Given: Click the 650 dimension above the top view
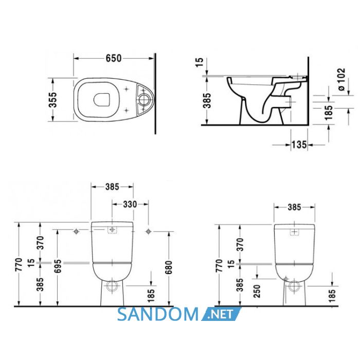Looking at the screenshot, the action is pos(114,58).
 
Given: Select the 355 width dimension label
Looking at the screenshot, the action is pos(53,100).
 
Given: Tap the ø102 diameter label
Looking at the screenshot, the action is pos(341,79).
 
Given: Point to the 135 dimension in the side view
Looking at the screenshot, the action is pos(299,145).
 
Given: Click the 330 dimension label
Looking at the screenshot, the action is pos(130,204).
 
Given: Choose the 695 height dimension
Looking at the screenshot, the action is pos(58,266).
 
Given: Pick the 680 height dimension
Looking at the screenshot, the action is pos(169,267).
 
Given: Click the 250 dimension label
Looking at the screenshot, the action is pos(257,291).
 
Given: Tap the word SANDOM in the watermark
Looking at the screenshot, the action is pos(157,314).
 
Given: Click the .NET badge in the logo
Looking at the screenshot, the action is pos(221,314).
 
